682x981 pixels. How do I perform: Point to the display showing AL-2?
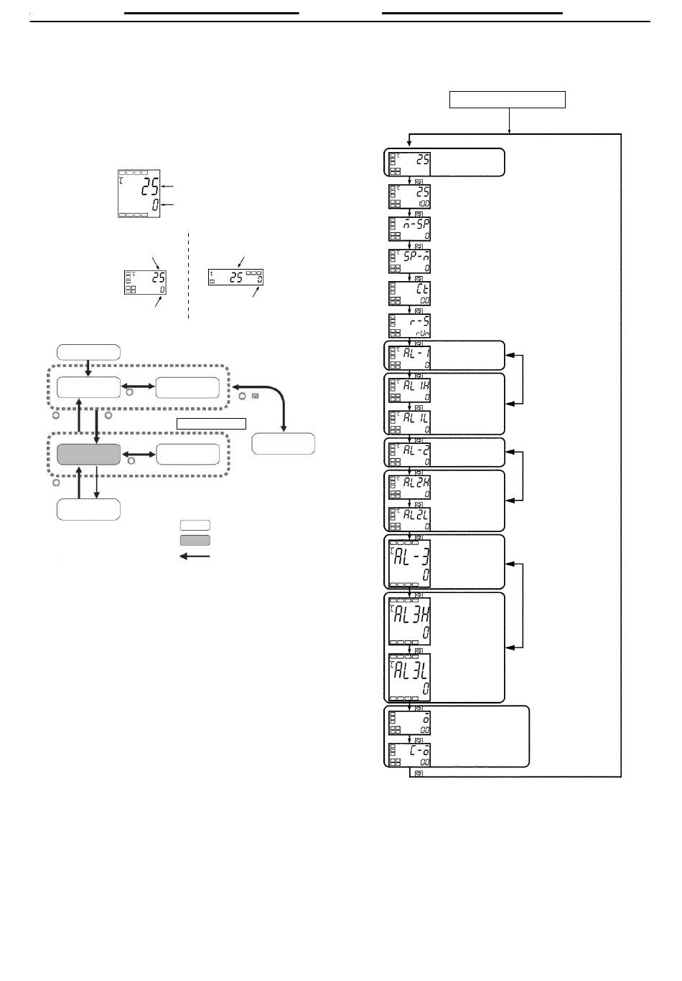(x=409, y=452)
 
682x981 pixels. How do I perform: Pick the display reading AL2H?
(x=409, y=486)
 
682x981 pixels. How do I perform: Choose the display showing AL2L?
(x=409, y=518)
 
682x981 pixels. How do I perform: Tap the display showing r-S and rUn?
(x=409, y=326)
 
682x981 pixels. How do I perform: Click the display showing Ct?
(x=409, y=293)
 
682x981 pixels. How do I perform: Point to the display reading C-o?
(x=409, y=755)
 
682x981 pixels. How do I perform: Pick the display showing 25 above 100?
(x=409, y=196)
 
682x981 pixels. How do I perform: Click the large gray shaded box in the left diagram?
(x=89, y=455)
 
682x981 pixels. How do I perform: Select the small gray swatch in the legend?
(x=195, y=540)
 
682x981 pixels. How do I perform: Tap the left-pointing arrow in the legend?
(x=195, y=556)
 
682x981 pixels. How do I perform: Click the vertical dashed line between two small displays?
(x=188, y=275)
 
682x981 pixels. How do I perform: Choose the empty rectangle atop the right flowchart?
(x=508, y=100)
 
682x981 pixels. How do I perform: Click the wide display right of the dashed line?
(x=235, y=277)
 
